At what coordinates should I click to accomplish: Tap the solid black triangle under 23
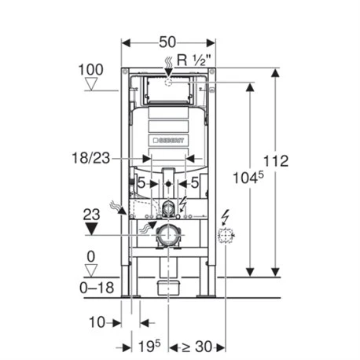click(x=93, y=230)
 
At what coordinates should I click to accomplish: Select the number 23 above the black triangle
click(x=93, y=213)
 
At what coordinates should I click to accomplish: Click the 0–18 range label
click(x=98, y=288)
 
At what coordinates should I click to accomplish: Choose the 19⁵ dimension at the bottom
click(x=151, y=346)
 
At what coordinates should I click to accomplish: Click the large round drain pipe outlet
click(x=166, y=234)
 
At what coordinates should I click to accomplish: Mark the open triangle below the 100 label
click(x=93, y=84)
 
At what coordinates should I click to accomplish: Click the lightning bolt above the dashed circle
click(x=225, y=215)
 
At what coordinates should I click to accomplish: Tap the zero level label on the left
click(x=92, y=255)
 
